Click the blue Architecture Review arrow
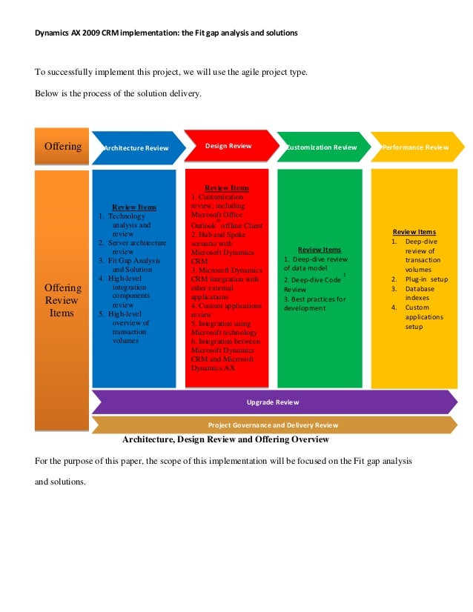(x=137, y=147)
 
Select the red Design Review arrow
(x=228, y=146)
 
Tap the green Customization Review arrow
(x=321, y=147)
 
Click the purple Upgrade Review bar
(x=273, y=402)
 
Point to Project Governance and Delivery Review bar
(x=273, y=425)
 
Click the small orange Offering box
(x=62, y=146)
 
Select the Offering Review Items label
(x=62, y=300)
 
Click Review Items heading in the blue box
(x=133, y=207)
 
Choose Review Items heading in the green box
(x=320, y=250)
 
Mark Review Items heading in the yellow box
(x=414, y=232)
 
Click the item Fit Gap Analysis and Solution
(x=133, y=265)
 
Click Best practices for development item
(x=315, y=303)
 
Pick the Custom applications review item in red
(x=226, y=310)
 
